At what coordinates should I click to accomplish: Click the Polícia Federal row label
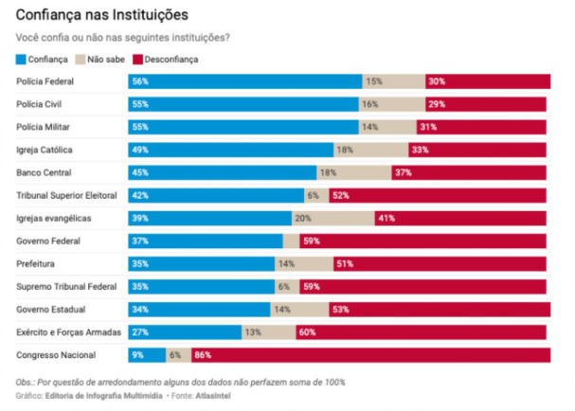[x=45, y=82]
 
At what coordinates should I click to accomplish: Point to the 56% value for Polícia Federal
[x=141, y=82]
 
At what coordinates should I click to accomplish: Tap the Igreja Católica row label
[x=45, y=151]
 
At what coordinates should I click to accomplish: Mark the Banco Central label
[x=43, y=173]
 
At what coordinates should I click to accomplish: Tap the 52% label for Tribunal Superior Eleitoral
[x=340, y=196]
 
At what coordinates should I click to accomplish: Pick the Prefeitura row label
[x=37, y=264]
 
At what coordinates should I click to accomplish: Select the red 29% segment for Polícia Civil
[x=485, y=105]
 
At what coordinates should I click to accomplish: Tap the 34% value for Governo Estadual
[x=140, y=310]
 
